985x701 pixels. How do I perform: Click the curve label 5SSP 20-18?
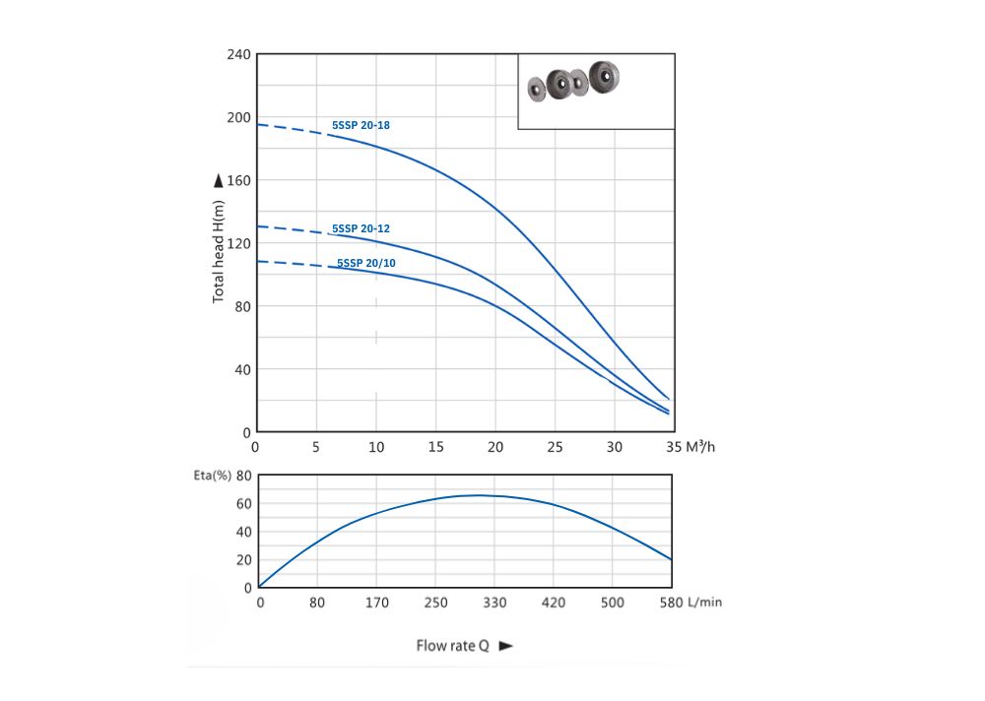(x=361, y=125)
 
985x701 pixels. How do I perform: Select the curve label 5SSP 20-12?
(x=361, y=228)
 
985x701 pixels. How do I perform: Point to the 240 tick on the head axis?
(x=239, y=54)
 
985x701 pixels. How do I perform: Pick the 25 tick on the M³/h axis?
(x=556, y=446)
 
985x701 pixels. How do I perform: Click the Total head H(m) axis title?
(x=219, y=250)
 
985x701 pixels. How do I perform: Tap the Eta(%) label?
(x=212, y=475)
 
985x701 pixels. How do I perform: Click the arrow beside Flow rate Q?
(x=506, y=647)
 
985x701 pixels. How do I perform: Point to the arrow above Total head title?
(x=218, y=181)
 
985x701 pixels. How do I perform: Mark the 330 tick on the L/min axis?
(x=495, y=602)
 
